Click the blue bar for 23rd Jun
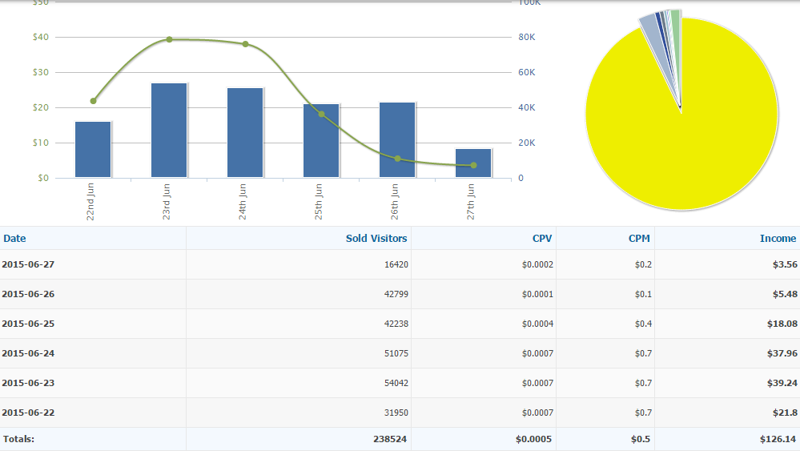coord(169,130)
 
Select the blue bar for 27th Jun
coord(473,163)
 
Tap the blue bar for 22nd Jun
coord(93,149)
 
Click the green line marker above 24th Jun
coord(245,44)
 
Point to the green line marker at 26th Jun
coord(397,159)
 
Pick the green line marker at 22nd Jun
coord(93,101)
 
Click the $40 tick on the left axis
coord(40,37)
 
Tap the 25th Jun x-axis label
coord(320,202)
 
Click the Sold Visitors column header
coord(376,238)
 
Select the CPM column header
coord(639,238)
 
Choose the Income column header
coord(778,238)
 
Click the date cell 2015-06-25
coord(28,324)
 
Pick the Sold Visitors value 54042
coord(396,383)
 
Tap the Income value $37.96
coord(782,353)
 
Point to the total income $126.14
coord(778,439)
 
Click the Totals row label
coord(18,439)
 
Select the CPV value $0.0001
coord(537,294)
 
